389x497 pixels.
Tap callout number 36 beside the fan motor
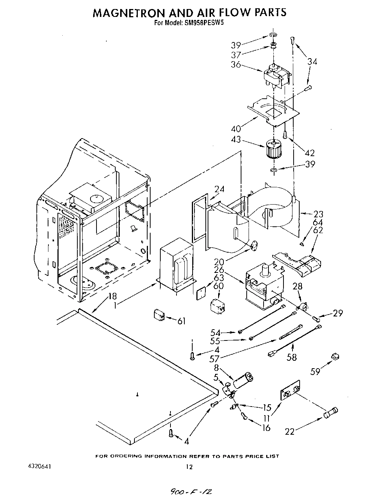click(235, 65)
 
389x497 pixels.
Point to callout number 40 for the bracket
click(236, 129)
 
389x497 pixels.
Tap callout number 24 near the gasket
click(219, 189)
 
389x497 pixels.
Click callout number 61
click(182, 321)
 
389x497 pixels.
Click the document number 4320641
click(39, 467)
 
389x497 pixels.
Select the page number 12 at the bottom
click(189, 467)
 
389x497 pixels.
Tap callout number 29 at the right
click(338, 313)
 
